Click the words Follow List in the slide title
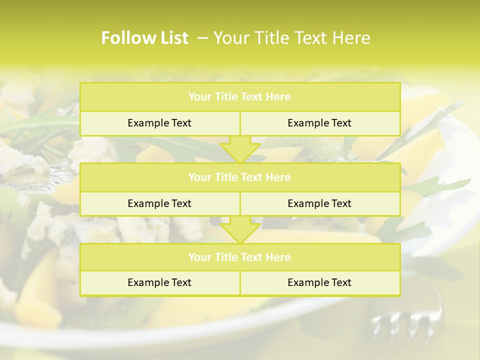point(144,38)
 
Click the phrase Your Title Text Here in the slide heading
point(292,38)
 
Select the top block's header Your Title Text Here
point(239,97)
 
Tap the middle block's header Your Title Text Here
point(239,177)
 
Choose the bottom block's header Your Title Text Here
point(239,257)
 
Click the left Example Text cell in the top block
point(159,123)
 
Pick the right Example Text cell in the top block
point(319,123)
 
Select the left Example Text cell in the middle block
point(159,203)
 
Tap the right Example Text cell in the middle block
point(319,203)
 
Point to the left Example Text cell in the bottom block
point(159,282)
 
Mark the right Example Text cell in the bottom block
point(319,282)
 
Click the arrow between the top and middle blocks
point(240,150)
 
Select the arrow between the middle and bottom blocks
point(240,230)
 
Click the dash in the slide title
point(202,38)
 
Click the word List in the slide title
point(172,38)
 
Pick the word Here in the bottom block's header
point(278,257)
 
